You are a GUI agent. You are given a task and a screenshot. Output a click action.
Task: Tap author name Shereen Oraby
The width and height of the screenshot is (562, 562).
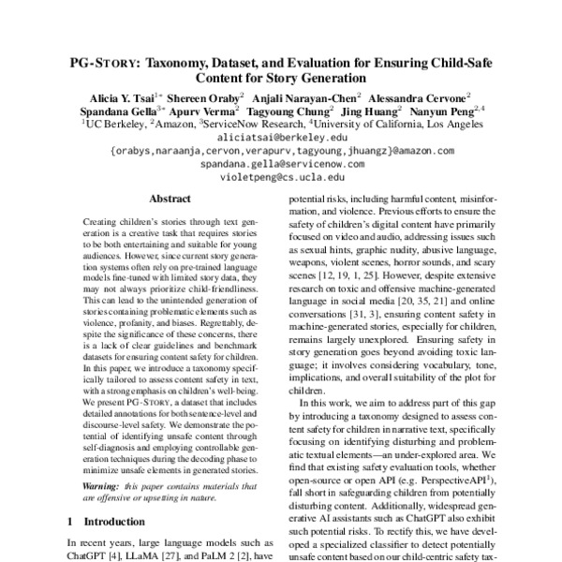(206, 96)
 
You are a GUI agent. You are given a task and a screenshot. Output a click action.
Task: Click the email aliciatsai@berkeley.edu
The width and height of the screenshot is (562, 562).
(281, 136)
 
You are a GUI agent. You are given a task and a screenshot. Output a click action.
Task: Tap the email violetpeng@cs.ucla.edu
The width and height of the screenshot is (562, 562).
(281, 175)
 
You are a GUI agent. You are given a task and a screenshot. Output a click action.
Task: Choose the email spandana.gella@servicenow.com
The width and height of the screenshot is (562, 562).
(281, 162)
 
